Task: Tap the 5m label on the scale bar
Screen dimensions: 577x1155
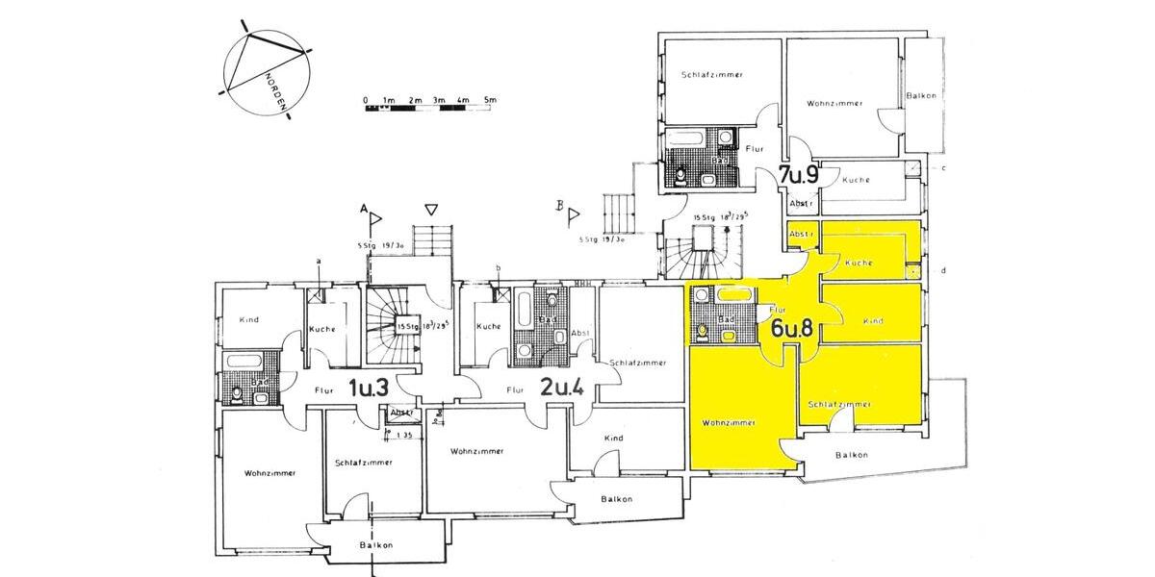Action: (x=489, y=100)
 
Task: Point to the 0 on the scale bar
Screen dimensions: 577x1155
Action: (x=366, y=100)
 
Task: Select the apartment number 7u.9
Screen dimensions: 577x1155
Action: (x=798, y=175)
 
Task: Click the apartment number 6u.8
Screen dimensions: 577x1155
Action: (x=793, y=327)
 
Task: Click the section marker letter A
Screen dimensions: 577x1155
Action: (x=365, y=209)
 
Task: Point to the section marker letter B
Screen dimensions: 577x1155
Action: (x=558, y=205)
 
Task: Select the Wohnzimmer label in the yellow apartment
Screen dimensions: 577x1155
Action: (x=727, y=422)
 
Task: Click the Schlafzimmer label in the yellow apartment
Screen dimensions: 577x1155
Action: (x=839, y=405)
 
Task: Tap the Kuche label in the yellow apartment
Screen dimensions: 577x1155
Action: (x=858, y=263)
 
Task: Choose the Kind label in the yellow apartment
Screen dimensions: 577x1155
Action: (x=873, y=320)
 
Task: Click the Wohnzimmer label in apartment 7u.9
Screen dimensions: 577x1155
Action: (x=834, y=103)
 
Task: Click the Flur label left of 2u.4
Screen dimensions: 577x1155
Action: (x=515, y=390)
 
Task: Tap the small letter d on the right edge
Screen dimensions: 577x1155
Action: (x=943, y=270)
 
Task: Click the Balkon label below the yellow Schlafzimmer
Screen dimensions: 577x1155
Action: (x=852, y=455)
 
